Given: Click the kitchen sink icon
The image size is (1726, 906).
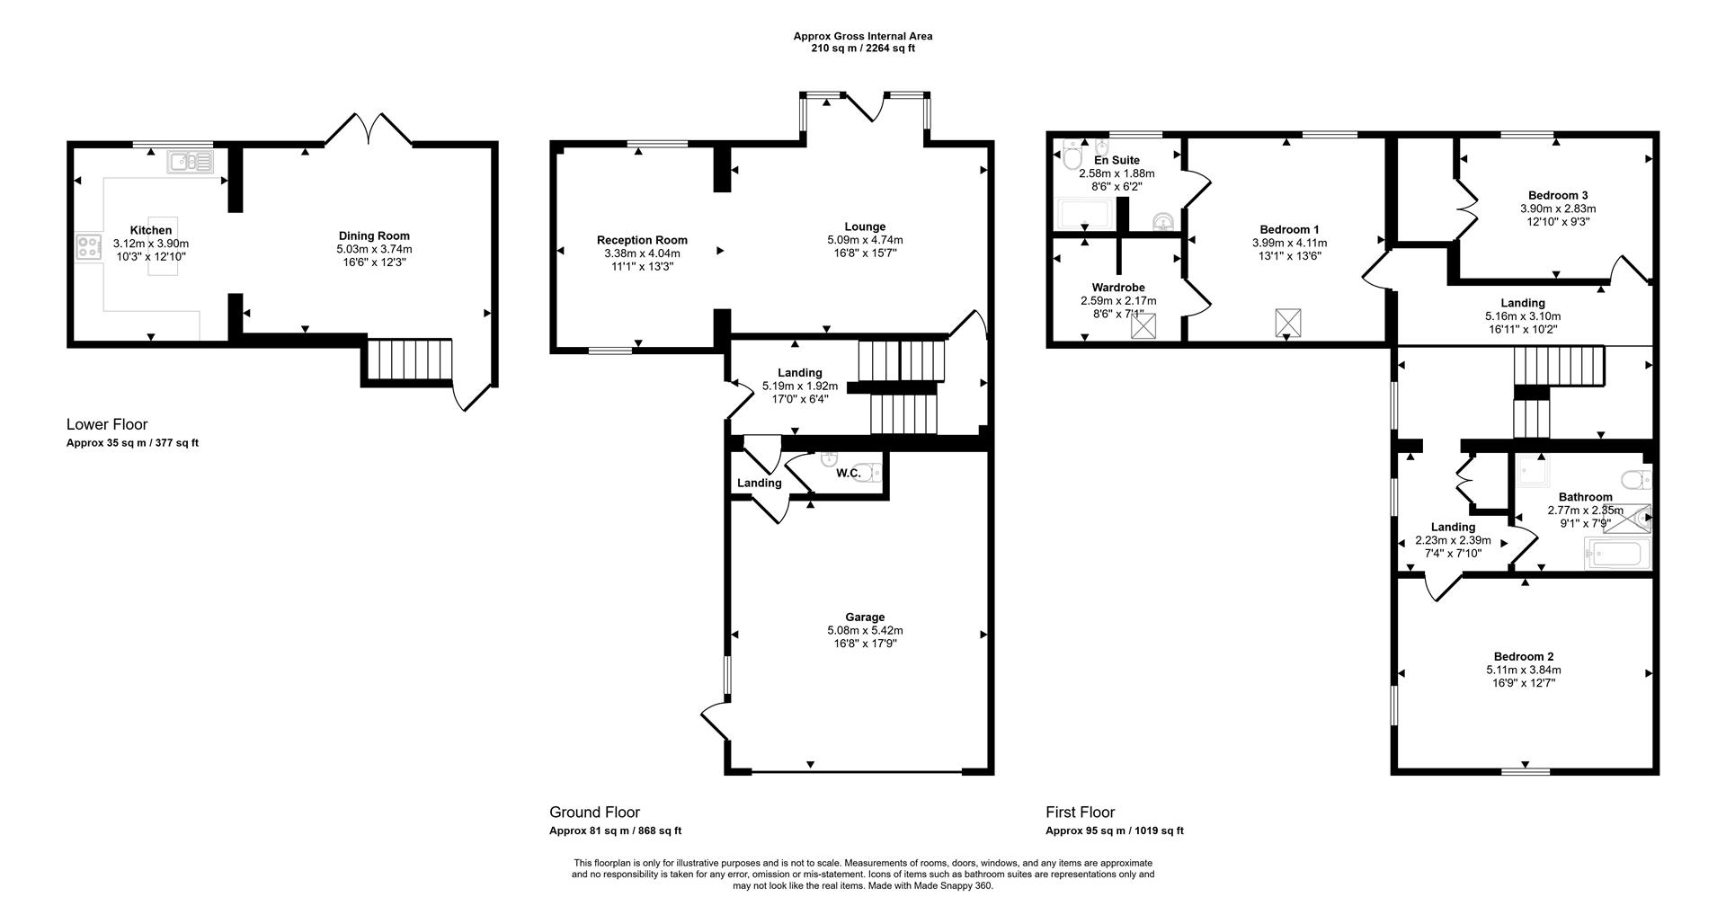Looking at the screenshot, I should [189, 162].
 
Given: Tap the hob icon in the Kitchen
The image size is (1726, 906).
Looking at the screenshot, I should [89, 247].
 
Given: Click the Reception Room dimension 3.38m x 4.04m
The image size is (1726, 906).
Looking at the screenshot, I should [642, 253].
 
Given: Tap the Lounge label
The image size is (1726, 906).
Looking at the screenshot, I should [865, 226].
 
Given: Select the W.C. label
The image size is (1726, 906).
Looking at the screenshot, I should [848, 473].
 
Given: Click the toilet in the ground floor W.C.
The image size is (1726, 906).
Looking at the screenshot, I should [868, 473].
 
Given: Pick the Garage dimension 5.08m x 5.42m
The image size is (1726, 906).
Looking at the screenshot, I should [865, 631].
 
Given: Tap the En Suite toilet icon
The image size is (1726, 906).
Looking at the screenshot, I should [1072, 157].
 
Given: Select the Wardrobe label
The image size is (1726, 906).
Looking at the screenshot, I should [1118, 288].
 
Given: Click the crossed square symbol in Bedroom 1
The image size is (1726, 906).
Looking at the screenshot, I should [1288, 322].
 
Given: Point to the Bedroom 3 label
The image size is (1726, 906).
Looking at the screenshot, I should [1558, 195].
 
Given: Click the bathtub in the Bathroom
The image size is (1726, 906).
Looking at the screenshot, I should [1618, 554].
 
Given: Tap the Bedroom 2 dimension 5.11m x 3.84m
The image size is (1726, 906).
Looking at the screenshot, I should [1523, 670].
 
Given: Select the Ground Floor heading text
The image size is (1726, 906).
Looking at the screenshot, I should [594, 813].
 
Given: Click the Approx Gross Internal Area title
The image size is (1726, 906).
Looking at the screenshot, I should [862, 36].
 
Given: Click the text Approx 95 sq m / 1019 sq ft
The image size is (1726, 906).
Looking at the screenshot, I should [1114, 831].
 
